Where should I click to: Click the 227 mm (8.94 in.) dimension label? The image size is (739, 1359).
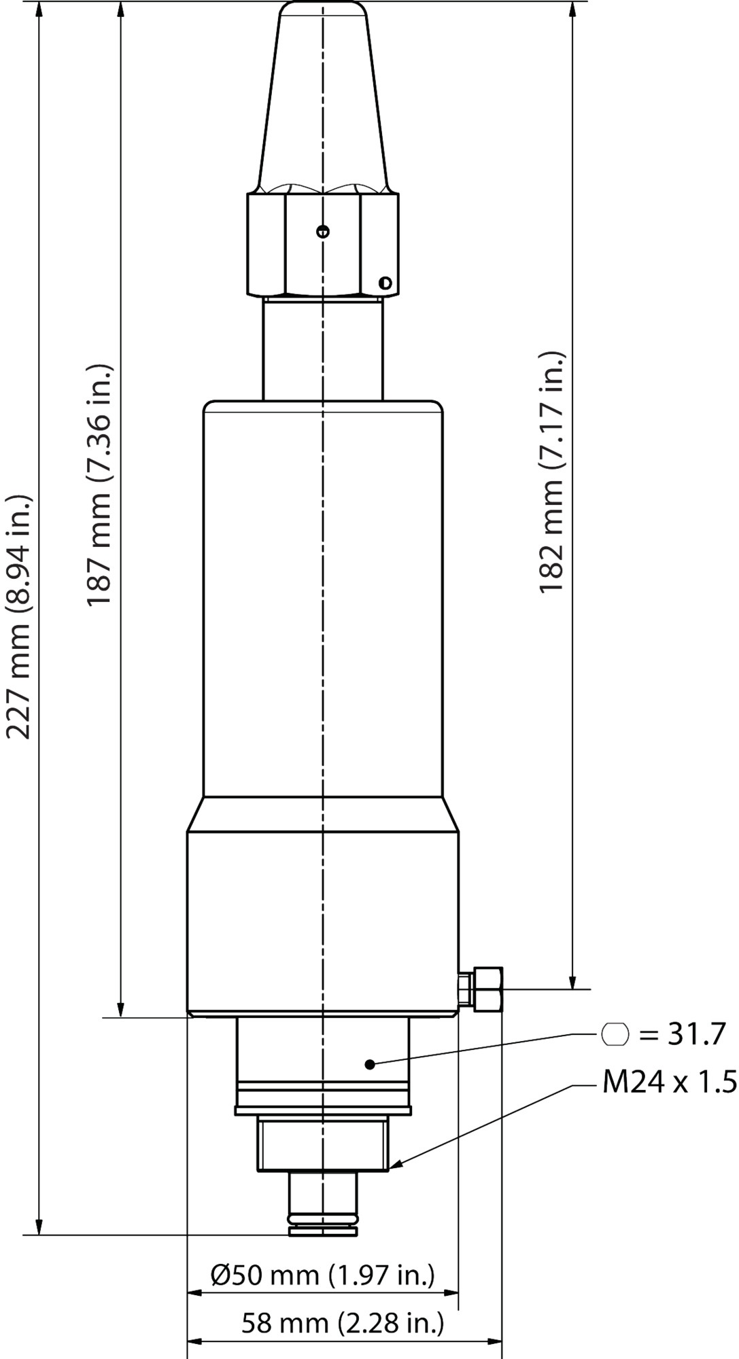click(18, 617)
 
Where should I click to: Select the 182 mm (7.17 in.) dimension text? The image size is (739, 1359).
click(552, 472)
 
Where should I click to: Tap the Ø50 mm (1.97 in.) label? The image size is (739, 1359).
click(322, 1275)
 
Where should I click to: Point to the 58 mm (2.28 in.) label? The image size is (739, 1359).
click(343, 1322)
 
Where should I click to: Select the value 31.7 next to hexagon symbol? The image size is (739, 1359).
click(689, 1034)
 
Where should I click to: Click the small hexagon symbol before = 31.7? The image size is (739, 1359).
click(615, 1034)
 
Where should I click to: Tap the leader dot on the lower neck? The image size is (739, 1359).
click(370, 1064)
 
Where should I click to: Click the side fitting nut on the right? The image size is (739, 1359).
click(488, 989)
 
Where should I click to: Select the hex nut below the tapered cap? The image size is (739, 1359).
click(322, 245)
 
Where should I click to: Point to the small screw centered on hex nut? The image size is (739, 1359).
click(323, 231)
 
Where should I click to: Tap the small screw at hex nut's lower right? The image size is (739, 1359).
click(385, 282)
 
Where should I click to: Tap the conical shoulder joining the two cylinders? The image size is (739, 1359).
click(322, 813)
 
